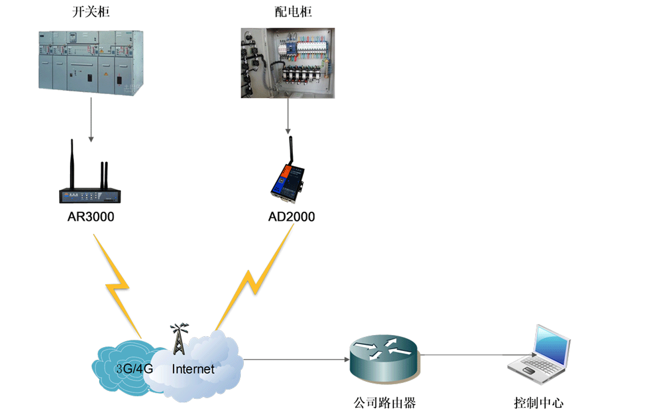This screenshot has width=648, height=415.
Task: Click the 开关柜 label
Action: point(91,12)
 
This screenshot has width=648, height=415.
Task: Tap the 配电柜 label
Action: point(293,12)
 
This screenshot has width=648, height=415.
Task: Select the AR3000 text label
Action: point(91,217)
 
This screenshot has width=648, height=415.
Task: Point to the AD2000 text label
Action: point(292,217)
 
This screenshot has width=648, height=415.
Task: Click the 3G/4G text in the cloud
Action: point(134,369)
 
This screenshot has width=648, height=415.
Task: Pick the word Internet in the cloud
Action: point(193,369)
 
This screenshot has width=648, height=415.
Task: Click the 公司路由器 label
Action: point(385,403)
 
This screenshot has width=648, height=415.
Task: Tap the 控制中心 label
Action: point(538,403)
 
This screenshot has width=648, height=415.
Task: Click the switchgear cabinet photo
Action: point(91,62)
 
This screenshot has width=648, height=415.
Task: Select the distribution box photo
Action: point(287,63)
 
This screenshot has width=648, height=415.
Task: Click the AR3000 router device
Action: point(90,194)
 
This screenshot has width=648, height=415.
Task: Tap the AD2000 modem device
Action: point(287,183)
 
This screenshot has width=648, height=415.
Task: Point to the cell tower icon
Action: point(179,339)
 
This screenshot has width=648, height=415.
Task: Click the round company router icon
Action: point(384,359)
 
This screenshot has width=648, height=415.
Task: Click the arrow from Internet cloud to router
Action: point(296,359)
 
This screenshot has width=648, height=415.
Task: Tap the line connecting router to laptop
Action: point(463,355)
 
